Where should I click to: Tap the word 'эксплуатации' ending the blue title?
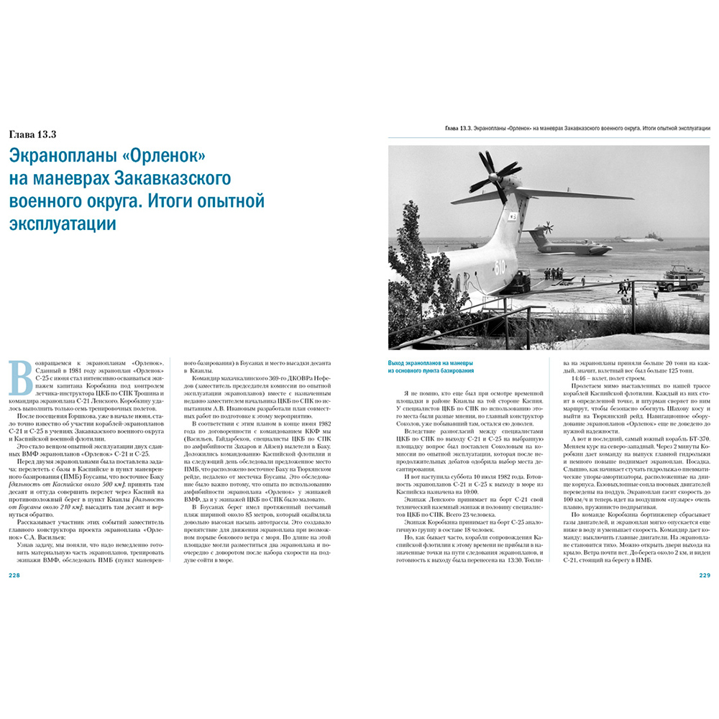pos(62,223)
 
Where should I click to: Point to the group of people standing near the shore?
pos(554,274)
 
